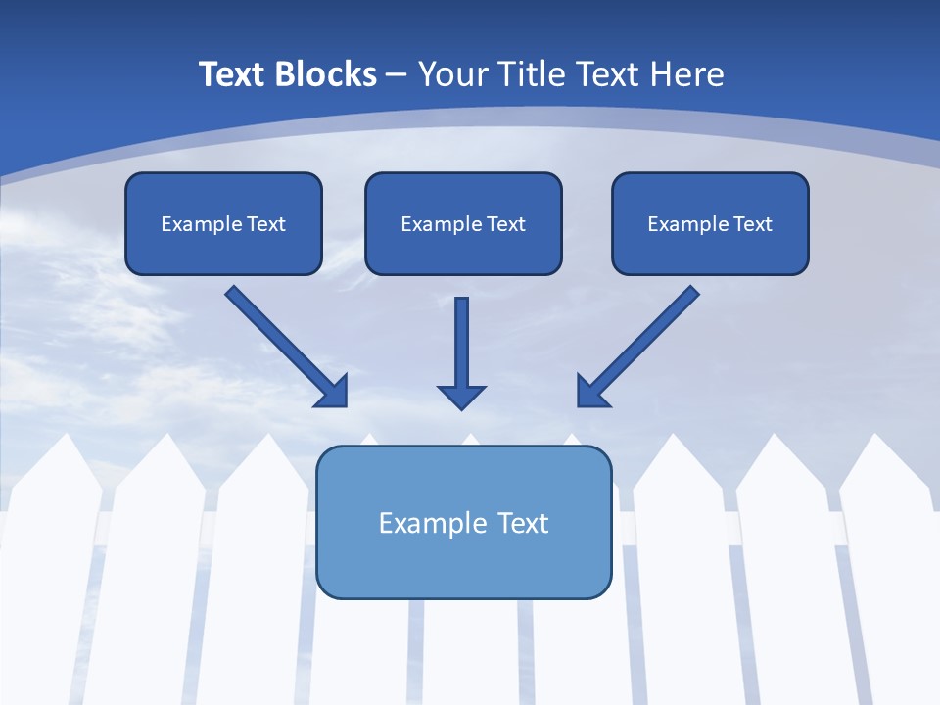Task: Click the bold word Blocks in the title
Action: (326, 74)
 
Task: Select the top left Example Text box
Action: (223, 223)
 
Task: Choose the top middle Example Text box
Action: (463, 223)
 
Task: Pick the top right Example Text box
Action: (710, 223)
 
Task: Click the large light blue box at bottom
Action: (464, 523)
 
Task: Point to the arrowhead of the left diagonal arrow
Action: (333, 391)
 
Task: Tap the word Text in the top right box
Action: (752, 224)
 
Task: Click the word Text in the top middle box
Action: (505, 224)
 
